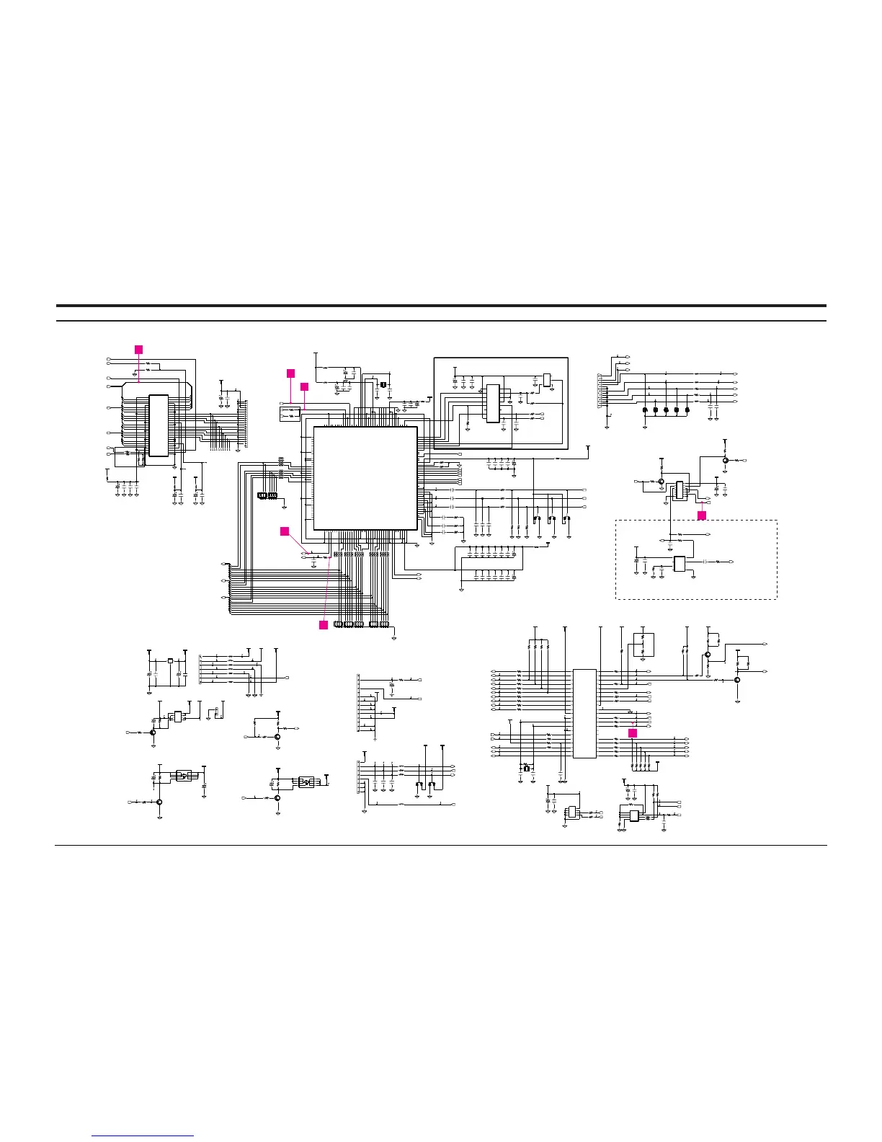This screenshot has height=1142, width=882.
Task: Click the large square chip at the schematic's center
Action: tap(365, 478)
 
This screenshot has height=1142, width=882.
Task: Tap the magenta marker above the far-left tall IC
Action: tap(139, 349)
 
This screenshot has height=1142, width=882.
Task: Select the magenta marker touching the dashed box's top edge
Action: tap(702, 515)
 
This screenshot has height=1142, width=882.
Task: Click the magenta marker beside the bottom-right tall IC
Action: tap(633, 732)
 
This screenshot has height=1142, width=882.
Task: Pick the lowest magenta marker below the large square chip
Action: tap(324, 624)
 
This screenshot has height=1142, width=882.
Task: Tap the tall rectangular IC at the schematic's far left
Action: tap(158, 425)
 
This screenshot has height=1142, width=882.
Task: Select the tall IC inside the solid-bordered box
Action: tap(493, 403)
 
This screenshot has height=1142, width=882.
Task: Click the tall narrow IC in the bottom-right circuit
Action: tap(584, 714)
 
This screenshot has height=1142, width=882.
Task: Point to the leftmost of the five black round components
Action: tap(644, 410)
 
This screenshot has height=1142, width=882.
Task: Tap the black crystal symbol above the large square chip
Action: tap(383, 384)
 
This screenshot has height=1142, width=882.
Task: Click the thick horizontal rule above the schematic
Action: tap(441, 306)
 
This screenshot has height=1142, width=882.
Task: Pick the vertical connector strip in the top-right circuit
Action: tap(600, 391)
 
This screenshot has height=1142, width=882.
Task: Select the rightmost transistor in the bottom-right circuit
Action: tap(737, 679)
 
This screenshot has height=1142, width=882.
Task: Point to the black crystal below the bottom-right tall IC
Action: tap(526, 768)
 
